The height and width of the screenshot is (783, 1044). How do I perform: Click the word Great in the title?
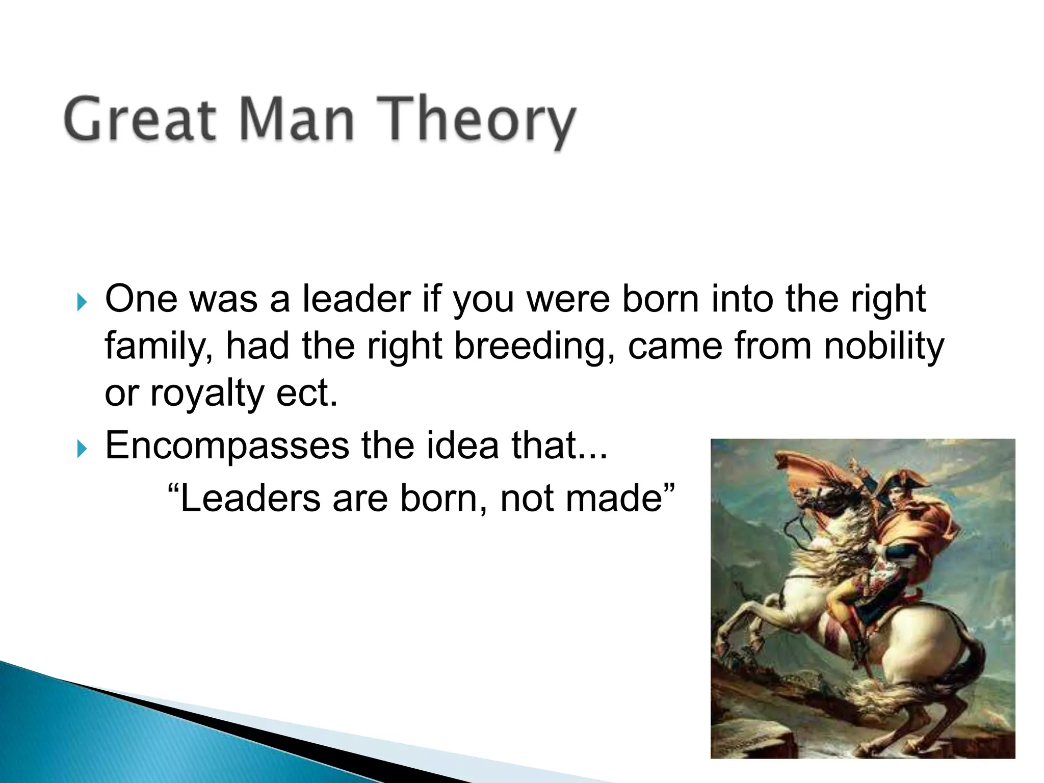tap(140, 120)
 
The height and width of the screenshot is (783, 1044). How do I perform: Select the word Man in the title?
tap(296, 120)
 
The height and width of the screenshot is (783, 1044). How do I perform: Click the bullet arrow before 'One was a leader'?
tap(82, 302)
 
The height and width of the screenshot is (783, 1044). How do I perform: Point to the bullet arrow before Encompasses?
tap(82, 449)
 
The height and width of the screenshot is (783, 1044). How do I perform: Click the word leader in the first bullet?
tap(356, 299)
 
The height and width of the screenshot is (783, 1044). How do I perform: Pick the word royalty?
tap(206, 395)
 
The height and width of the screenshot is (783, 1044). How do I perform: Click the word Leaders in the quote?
tap(250, 498)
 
